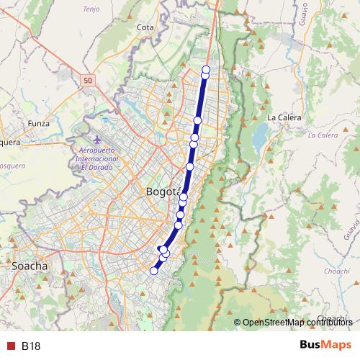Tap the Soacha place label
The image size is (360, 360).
click(x=30, y=266)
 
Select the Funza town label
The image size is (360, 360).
click(x=38, y=123)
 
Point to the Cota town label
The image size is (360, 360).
click(x=145, y=27)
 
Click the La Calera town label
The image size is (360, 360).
click(x=282, y=117)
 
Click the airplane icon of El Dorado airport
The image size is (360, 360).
click(x=98, y=138)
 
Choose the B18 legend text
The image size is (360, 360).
click(x=31, y=346)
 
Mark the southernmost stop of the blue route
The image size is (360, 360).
click(x=153, y=271)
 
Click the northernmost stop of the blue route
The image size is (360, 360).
click(x=207, y=69)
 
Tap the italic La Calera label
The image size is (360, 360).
click(x=322, y=135)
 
